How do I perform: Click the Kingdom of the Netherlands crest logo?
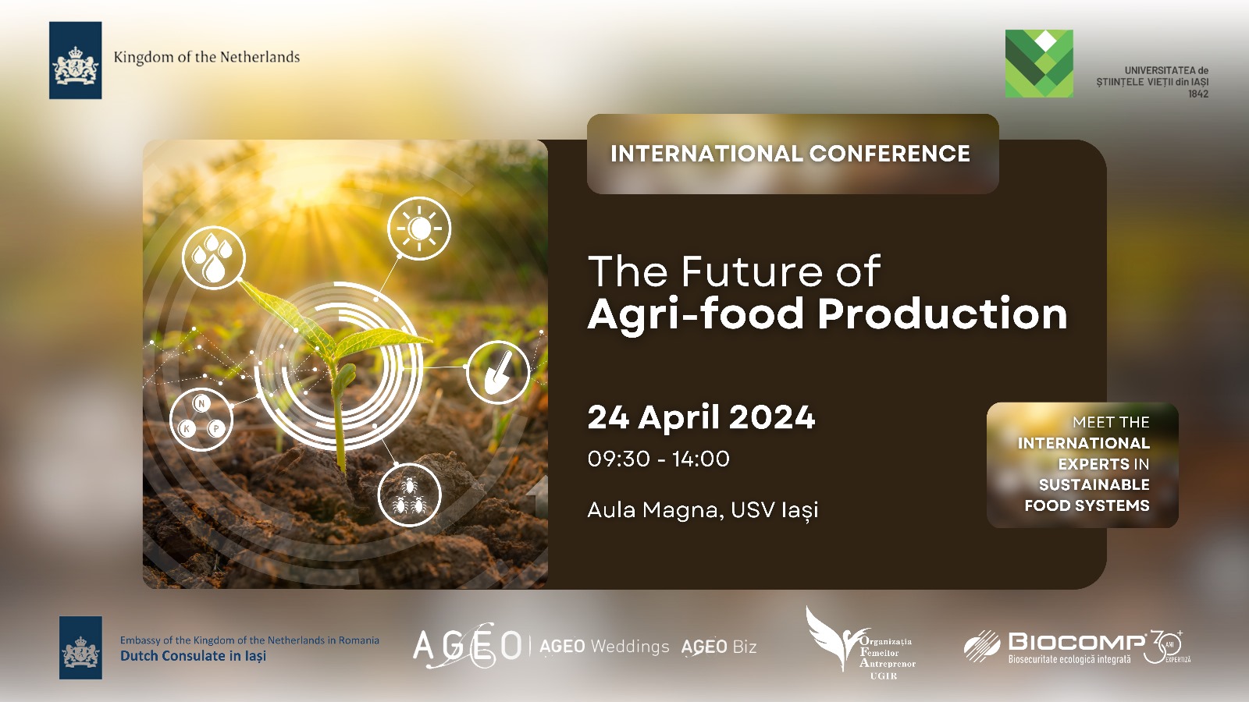(75, 60)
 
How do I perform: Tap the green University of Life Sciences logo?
(1039, 63)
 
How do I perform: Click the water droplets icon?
(213, 257)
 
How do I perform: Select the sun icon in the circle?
(419, 229)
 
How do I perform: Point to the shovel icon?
(497, 371)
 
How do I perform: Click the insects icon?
(409, 495)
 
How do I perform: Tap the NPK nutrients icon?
(201, 419)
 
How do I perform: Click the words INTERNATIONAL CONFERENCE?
(790, 154)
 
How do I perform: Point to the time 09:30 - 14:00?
(659, 459)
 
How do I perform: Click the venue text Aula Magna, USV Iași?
(703, 510)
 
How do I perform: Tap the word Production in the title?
(942, 314)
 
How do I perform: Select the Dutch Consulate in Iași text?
(193, 656)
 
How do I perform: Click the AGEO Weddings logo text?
(604, 647)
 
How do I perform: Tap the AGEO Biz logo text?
(719, 647)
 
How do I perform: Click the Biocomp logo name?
(1076, 642)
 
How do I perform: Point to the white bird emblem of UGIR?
(831, 638)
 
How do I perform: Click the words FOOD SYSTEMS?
(1087, 505)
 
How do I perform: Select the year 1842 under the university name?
(1197, 94)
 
